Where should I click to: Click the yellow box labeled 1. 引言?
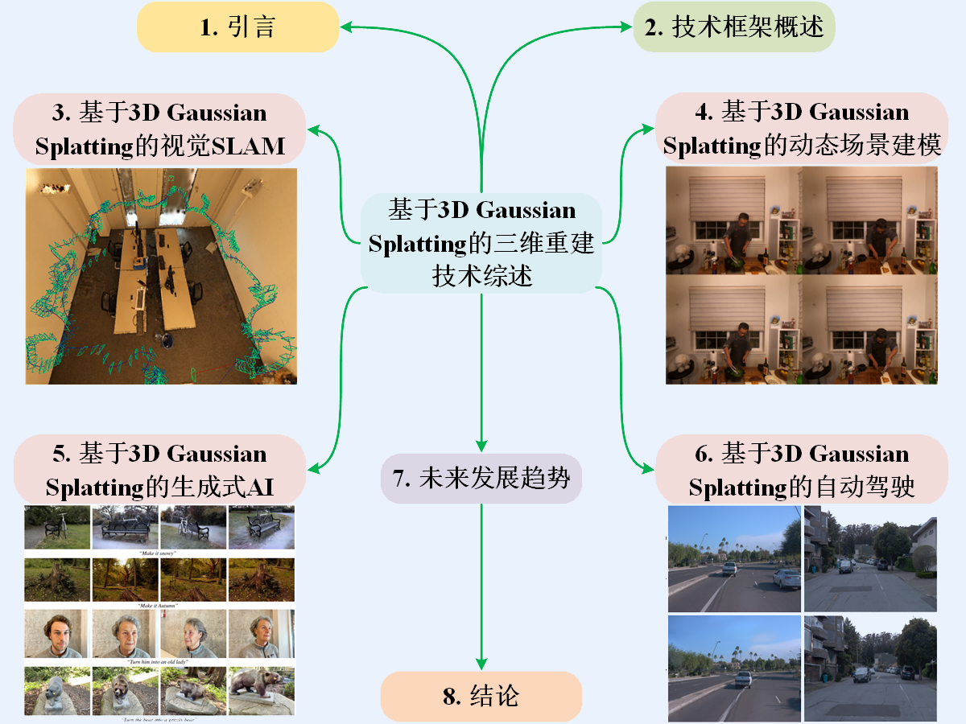click(x=237, y=27)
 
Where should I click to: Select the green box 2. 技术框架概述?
click(x=734, y=27)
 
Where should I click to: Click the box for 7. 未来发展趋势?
click(x=481, y=479)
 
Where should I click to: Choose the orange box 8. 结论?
click(x=481, y=696)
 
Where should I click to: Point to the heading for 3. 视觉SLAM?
click(x=160, y=129)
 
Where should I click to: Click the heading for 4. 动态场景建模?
click(x=802, y=129)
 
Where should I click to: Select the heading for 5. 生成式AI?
click(x=160, y=471)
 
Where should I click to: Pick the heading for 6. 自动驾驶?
click(x=802, y=471)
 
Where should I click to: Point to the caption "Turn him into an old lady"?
click(x=159, y=660)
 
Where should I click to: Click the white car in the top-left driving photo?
click(x=786, y=578)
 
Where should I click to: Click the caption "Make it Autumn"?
click(x=159, y=605)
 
